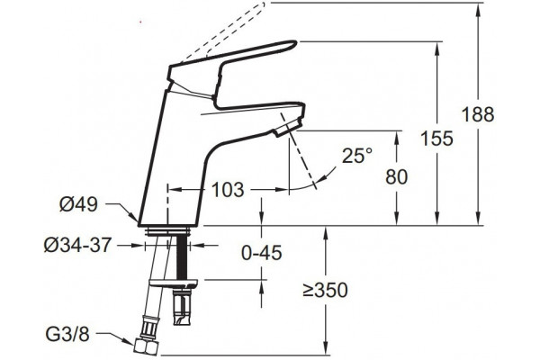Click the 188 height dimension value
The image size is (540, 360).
click(478, 114)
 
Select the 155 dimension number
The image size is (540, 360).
click(436, 139)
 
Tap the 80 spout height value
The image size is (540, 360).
click(396, 176)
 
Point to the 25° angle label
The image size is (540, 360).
click(357, 156)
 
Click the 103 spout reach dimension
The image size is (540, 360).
click(228, 190)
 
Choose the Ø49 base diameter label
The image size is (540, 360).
click(78, 204)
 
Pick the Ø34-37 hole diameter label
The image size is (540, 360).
click(77, 246)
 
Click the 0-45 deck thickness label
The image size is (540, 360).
click(261, 253)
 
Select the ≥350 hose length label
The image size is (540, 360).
click(325, 290)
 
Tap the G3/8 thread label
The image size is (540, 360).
click(67, 334)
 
